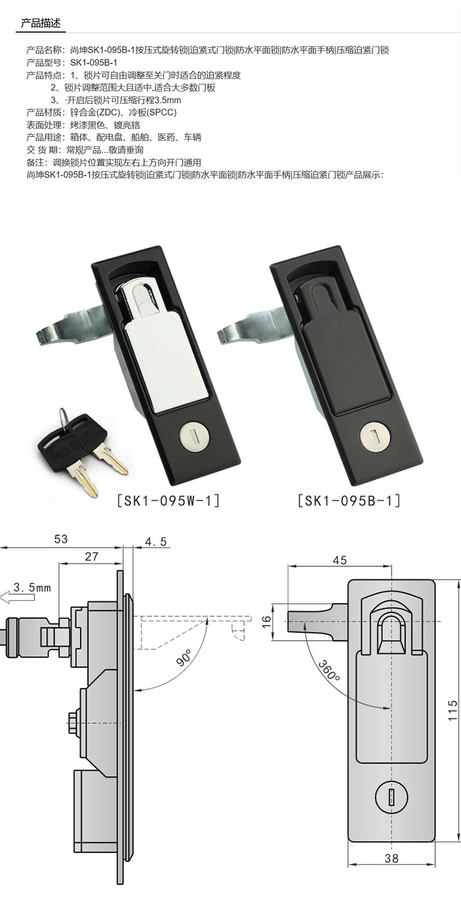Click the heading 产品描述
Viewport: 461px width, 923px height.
pos(41,23)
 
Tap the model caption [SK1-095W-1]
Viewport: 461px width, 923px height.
pos(168,500)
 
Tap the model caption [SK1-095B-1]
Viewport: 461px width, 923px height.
pos(349,500)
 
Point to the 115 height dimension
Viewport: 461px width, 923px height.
pos(452,710)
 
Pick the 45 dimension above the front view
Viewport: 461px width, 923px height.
pos(340,560)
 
